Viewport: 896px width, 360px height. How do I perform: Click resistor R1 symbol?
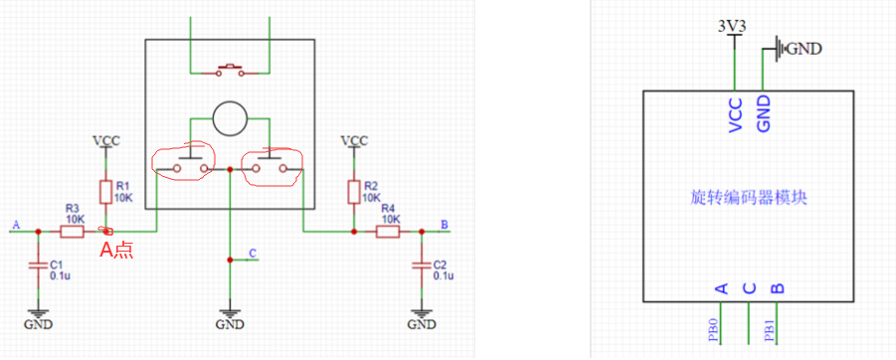click(105, 192)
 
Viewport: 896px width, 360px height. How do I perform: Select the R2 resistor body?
click(354, 192)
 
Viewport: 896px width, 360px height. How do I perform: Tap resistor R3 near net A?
click(72, 232)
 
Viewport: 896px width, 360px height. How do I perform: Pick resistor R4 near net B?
click(388, 232)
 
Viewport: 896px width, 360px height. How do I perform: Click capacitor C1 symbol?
click(38, 266)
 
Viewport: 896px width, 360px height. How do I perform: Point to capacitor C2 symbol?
click(422, 266)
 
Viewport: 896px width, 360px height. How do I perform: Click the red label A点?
click(116, 251)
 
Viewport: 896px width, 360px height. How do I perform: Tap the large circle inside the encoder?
click(230, 119)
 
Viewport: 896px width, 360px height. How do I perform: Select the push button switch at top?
click(230, 71)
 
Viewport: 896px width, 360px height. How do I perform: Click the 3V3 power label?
click(733, 26)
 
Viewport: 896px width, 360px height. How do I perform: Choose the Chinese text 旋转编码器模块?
click(749, 198)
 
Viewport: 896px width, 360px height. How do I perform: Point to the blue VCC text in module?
click(736, 115)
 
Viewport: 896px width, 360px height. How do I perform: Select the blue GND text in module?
click(764, 114)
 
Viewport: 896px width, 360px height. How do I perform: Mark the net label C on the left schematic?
click(254, 253)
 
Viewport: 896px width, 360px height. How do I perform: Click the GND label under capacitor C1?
click(38, 324)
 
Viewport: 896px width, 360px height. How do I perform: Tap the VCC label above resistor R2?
click(354, 140)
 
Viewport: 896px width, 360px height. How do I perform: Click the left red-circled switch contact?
click(183, 163)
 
